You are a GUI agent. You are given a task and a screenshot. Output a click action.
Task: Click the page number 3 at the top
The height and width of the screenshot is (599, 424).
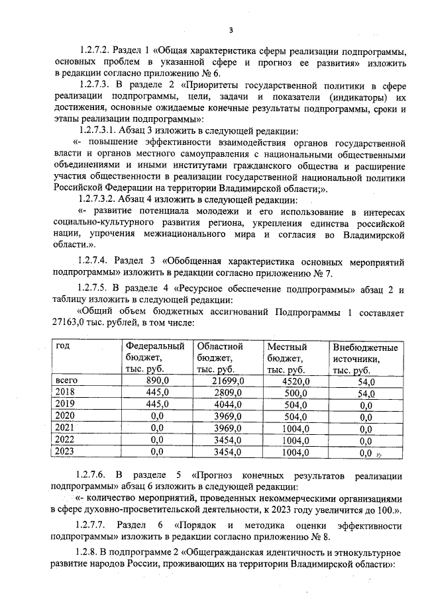231,30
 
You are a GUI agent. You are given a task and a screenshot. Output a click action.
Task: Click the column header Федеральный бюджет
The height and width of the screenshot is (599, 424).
156,357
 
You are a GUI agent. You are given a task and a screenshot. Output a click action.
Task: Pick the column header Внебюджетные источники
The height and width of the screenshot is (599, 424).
365,357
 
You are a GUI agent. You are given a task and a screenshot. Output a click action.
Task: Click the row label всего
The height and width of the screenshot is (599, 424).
67,381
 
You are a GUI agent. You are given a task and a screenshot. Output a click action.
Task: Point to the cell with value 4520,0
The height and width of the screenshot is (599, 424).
295,381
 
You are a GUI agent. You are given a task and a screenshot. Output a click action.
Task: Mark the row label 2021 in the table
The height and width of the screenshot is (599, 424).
66,428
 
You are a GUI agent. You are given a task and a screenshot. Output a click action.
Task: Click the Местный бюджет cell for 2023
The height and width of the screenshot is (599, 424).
295,452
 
